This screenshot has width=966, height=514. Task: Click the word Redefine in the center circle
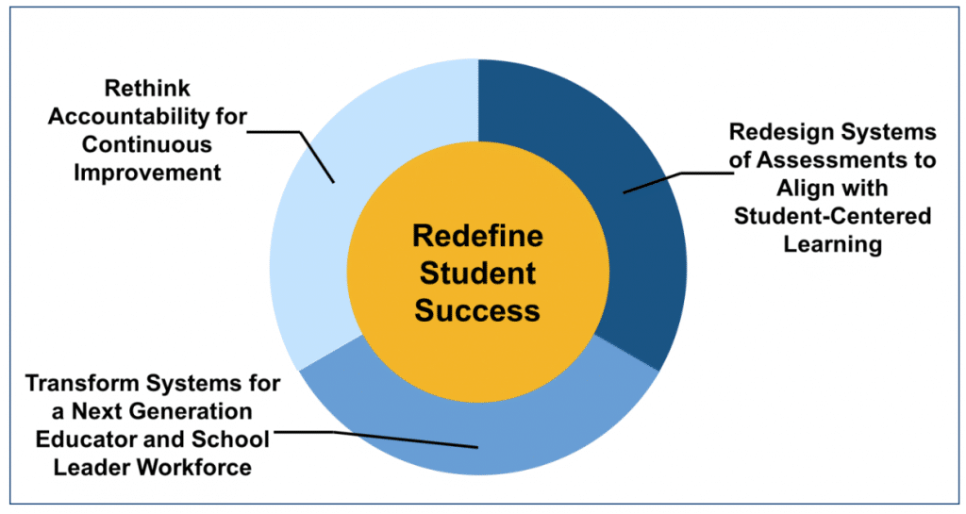477,236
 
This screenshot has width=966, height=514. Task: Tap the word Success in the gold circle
477,310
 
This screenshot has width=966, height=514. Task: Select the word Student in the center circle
477,274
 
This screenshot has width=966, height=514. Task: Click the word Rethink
147,88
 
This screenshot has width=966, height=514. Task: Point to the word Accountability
128,116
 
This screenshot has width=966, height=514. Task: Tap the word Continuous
146,144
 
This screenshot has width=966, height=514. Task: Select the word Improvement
147,173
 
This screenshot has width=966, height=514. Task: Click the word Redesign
781,132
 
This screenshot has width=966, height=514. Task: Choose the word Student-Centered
832,216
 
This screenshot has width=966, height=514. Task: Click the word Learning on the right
832,244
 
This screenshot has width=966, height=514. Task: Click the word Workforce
194,467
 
